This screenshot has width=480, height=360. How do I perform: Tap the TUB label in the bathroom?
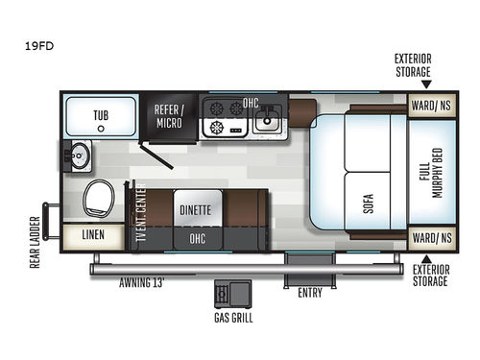click(x=101, y=115)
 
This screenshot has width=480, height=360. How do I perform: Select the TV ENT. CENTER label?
click(x=141, y=216)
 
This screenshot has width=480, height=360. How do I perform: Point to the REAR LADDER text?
click(x=35, y=242)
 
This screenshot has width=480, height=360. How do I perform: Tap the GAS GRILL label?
click(x=233, y=317)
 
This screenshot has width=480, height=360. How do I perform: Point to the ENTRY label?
click(x=309, y=292)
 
